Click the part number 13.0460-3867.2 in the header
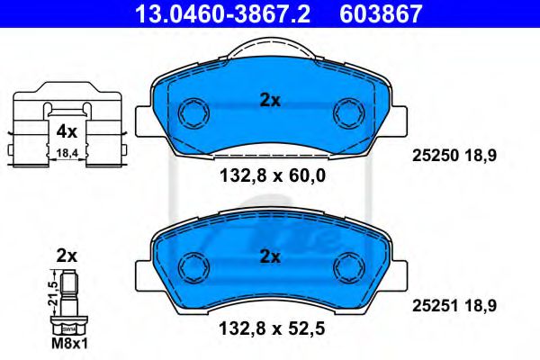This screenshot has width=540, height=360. coord(222,13)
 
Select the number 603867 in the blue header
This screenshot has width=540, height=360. coord(381,13)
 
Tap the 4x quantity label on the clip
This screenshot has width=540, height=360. coord(67,131)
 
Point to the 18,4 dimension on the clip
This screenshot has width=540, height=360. coord(67,153)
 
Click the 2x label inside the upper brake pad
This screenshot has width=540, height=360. coord(270,101)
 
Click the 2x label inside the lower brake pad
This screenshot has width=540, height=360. coord(270,256)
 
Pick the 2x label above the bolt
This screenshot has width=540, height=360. coord(67,256)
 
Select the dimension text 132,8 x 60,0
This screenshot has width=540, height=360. coord(273,176)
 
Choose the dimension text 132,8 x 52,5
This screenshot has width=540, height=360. coord(272,328)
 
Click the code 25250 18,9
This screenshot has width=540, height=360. coord(454,156)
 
